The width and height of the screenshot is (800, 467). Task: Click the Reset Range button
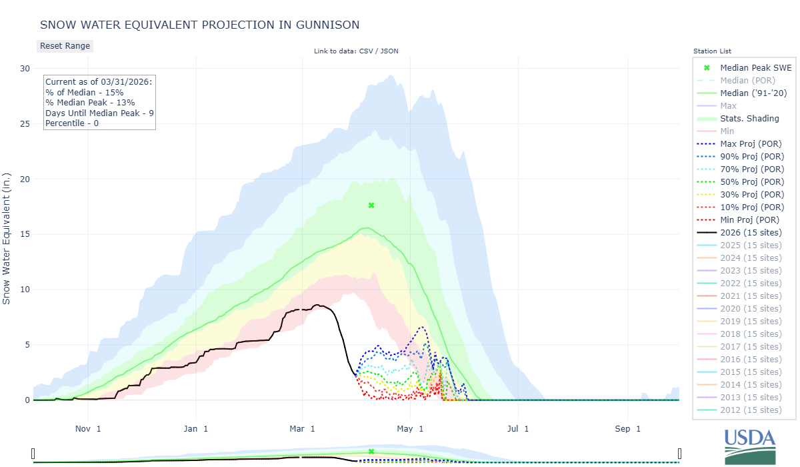[x=65, y=46]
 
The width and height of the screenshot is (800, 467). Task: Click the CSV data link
[x=366, y=51]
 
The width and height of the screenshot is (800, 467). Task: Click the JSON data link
[x=389, y=51]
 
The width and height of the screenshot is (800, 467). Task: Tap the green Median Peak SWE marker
[x=371, y=205]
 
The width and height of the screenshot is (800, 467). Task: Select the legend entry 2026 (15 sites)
[x=751, y=232]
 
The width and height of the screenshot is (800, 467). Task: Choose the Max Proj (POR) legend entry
[x=751, y=143]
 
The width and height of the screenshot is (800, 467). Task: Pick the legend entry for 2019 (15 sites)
[x=751, y=321]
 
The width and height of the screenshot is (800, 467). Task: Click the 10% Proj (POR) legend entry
[x=751, y=207]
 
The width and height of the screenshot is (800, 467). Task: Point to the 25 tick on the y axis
[x=25, y=123]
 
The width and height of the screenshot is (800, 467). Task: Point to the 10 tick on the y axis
[x=25, y=290]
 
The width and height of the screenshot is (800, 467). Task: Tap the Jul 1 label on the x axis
[x=517, y=428]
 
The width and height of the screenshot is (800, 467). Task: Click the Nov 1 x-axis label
[x=88, y=428]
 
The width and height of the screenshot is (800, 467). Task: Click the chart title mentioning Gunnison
[x=199, y=25]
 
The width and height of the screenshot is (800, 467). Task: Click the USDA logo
[x=750, y=446]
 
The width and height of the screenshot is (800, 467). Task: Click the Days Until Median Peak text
[x=99, y=113]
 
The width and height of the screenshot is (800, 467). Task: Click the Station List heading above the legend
[x=712, y=51]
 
